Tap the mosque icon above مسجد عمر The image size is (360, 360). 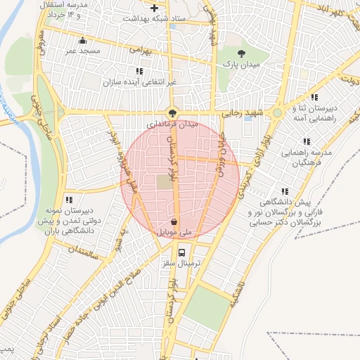[84, 40]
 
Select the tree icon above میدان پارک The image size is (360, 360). [241, 53]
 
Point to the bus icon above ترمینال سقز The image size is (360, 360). [183, 252]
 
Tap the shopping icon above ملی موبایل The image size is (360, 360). [173, 221]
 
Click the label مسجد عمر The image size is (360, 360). [83, 51]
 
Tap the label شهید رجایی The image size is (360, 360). [242, 112]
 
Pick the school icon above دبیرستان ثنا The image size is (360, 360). [315, 97]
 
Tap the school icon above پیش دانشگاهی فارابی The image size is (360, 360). [285, 191]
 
